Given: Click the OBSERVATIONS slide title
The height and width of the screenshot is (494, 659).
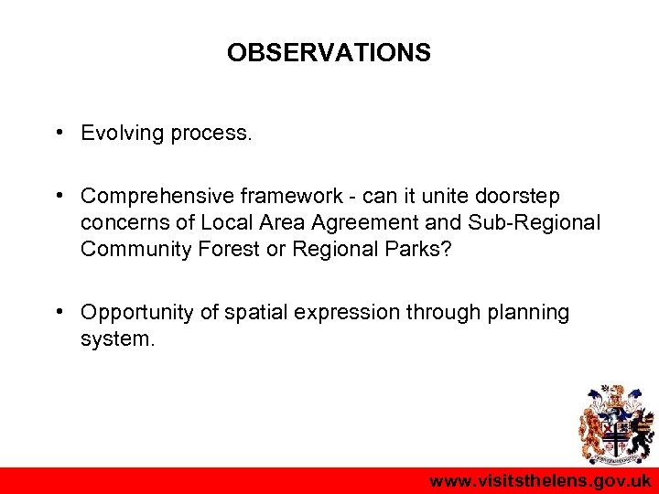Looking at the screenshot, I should tap(329, 53).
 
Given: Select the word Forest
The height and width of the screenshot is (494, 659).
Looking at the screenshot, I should tap(232, 250).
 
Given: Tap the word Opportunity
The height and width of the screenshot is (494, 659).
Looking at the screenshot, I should tap(137, 313).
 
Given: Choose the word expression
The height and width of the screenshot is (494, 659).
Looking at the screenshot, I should tap(344, 313).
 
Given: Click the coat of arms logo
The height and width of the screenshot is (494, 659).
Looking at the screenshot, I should tap(614, 426).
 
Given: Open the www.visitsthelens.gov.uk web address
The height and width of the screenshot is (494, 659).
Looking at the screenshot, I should tap(540, 481).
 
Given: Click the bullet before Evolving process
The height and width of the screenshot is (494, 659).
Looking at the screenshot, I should tap(58, 133).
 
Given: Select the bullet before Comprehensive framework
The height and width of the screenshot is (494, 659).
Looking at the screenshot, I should tap(58, 196).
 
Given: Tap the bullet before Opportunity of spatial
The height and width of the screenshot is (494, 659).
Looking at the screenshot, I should tap(58, 312).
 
